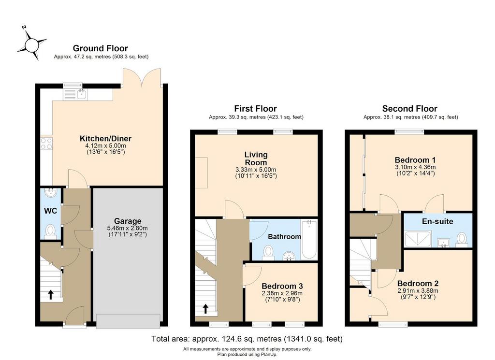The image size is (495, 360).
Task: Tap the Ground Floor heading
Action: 101,48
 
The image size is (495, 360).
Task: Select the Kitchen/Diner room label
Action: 105,138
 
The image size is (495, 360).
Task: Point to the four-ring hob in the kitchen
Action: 46,144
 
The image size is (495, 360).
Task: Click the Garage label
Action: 128,221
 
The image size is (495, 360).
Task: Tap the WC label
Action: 50,211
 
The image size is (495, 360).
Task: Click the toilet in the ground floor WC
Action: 50,231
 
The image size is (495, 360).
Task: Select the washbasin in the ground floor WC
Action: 50,192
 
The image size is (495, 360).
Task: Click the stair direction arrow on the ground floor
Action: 50,294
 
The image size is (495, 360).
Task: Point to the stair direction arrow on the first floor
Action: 205,309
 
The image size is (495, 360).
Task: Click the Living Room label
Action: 256,158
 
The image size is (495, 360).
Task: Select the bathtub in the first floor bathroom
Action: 309,240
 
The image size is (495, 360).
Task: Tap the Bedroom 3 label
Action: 282,286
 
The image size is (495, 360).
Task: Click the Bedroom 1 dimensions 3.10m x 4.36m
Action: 415,167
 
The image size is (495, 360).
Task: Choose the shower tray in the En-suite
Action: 418,239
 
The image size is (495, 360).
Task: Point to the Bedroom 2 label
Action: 418,283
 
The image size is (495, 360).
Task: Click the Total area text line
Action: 247,339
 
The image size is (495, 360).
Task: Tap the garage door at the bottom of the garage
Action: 128,321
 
